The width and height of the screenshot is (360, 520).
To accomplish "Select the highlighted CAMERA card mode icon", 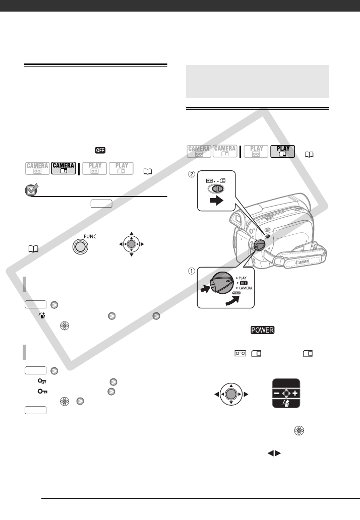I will (x=63, y=168).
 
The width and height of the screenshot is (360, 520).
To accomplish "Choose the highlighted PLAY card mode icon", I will (x=282, y=152).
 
